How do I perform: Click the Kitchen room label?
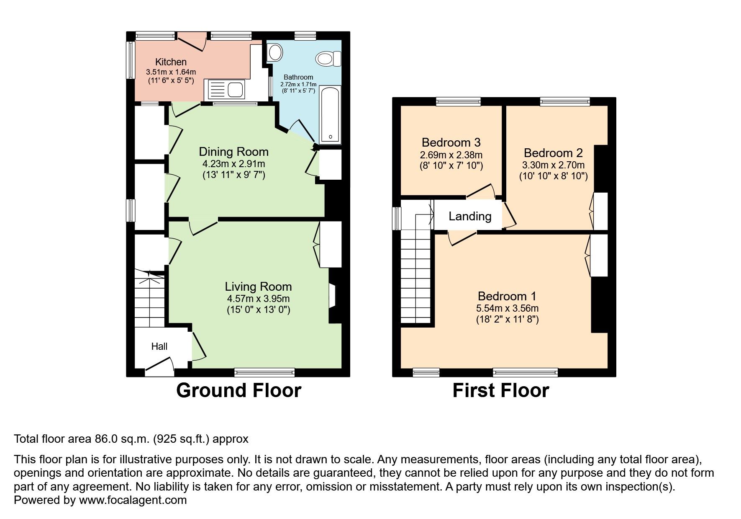click(x=171, y=62)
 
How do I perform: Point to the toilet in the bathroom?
click(x=329, y=59)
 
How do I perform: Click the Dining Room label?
click(x=233, y=152)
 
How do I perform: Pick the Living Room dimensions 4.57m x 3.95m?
click(x=258, y=299)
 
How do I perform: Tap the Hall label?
click(x=159, y=346)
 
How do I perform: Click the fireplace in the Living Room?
click(x=333, y=296)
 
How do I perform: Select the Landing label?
click(x=470, y=216)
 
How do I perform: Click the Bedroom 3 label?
click(x=451, y=142)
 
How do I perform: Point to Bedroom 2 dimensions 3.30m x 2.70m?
click(x=554, y=165)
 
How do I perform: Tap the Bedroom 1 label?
click(x=507, y=296)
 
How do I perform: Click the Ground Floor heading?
click(x=238, y=390)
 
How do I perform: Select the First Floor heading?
click(x=500, y=390)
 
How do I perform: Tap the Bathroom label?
click(x=298, y=77)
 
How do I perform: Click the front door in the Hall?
click(x=159, y=364)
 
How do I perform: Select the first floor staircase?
click(x=415, y=269)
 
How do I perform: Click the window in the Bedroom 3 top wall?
click(x=459, y=101)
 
